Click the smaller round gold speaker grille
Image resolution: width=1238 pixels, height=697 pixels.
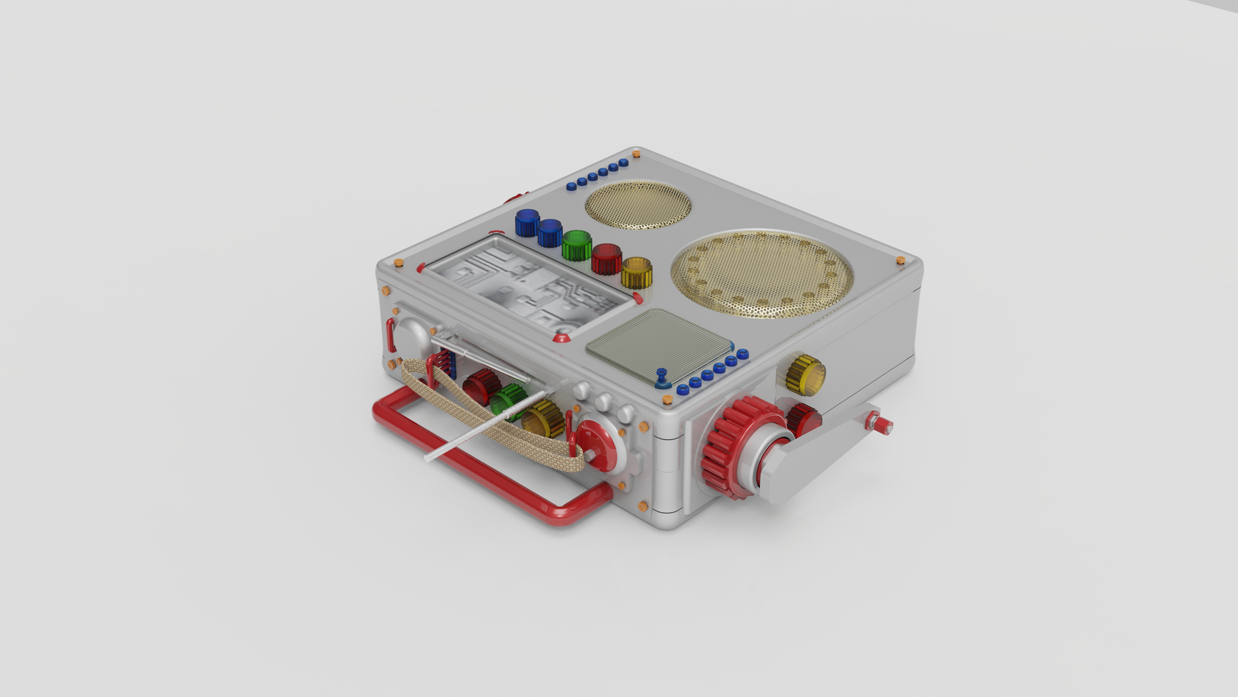638,204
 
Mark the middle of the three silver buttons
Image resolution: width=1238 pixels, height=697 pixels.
603,400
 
